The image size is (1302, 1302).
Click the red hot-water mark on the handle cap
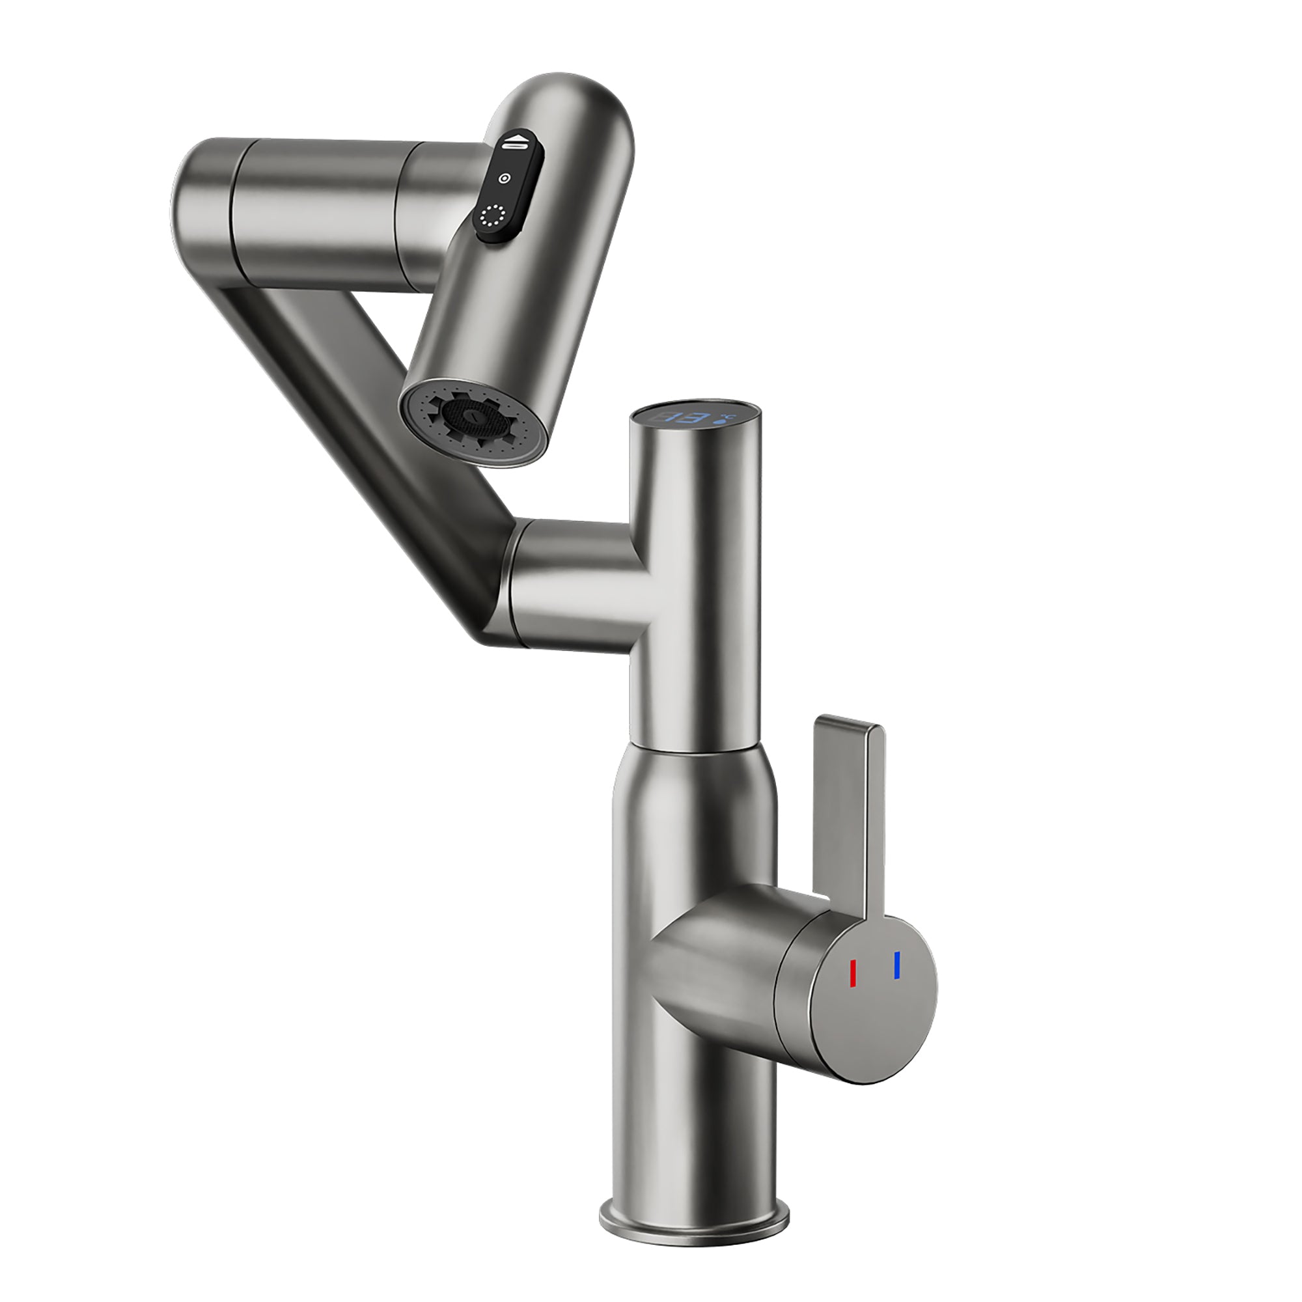pos(853,973)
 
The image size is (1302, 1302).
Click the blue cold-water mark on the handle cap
pos(896,965)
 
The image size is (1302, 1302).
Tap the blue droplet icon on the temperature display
pos(727,421)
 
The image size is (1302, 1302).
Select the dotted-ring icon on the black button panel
pos(493,216)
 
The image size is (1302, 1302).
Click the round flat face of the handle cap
pos(876,997)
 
